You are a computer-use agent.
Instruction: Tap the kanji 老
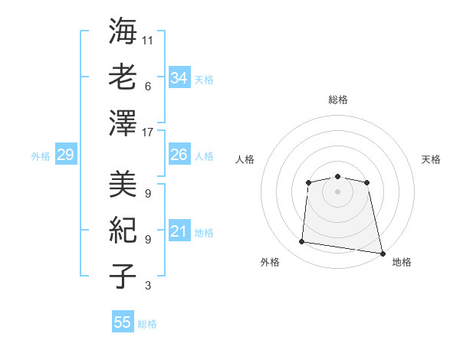point(123,77)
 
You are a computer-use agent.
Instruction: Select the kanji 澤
point(123,123)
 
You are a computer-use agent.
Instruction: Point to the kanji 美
point(123,183)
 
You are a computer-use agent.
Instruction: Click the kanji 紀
point(123,230)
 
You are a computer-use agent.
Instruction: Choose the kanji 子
point(123,277)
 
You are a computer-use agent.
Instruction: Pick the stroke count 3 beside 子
point(147,286)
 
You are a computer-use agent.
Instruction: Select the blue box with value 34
point(179,78)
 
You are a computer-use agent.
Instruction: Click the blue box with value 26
point(179,155)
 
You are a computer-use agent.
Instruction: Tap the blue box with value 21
point(179,231)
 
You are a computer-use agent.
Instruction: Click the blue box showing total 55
point(123,322)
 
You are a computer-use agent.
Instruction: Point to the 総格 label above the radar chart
point(337,100)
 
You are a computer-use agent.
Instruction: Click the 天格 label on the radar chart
point(431,159)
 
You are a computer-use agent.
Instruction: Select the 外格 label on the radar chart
point(270,262)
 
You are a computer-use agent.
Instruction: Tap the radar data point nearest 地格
point(381,252)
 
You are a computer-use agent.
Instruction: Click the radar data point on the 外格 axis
point(302,242)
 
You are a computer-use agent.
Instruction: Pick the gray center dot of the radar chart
point(337,191)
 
